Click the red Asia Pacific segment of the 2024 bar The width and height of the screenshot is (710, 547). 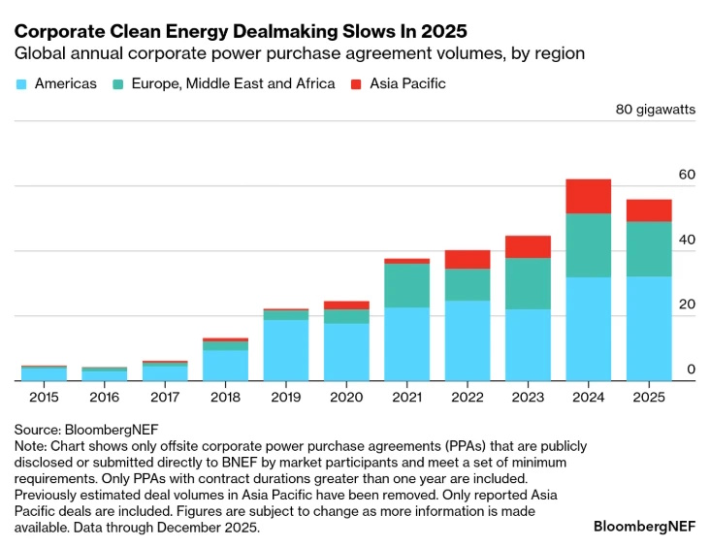click(589, 196)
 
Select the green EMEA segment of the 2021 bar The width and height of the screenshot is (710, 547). click(407, 285)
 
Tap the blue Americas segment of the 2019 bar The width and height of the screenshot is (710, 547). click(286, 349)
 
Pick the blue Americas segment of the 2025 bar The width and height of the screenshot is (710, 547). click(649, 328)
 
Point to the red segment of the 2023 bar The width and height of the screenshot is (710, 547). click(528, 246)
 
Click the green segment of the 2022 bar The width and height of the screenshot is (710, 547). click(468, 284)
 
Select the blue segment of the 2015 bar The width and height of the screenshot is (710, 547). click(44, 373)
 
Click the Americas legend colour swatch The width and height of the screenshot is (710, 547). click(21, 84)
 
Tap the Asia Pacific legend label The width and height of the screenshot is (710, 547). click(407, 84)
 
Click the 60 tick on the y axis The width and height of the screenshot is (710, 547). click(687, 175)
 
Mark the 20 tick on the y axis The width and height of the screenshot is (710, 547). click(687, 305)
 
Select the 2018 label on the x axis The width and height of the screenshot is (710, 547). click(225, 398)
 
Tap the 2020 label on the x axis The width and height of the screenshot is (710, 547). click(346, 398)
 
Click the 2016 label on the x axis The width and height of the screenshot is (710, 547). click(104, 398)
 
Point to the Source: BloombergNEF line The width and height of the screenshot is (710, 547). click(86, 428)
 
